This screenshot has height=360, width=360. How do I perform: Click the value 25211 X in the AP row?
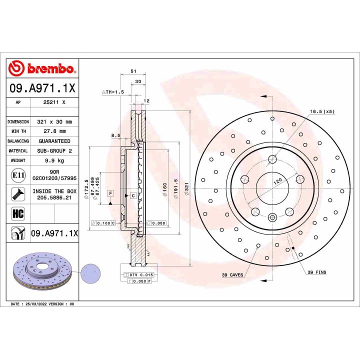pos(54,102)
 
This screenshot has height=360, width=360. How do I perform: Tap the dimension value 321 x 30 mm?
pos(54,121)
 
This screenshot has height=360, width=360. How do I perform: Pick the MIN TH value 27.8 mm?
pos(54,131)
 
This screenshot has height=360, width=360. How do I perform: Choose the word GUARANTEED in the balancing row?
pos(54,141)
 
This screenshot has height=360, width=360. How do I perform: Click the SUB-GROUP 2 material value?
pos(54,150)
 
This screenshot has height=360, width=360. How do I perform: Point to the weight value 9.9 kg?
pos(54,160)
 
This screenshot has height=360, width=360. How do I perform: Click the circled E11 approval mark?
pos(17,175)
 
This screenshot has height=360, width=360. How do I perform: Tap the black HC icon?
pos(17,213)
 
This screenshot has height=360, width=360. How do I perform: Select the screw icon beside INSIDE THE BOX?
pos(17,194)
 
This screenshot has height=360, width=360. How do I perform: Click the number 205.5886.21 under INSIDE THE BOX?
pos(54,197)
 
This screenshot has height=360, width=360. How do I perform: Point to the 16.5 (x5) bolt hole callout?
pos(321,112)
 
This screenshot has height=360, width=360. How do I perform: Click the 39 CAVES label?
pos(233,275)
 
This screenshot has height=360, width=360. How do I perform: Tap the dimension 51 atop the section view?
pos(133,71)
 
